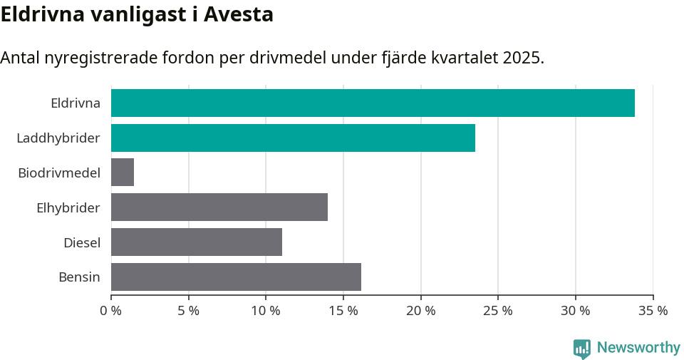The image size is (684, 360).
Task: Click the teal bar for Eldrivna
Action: pyautogui.click(x=373, y=103)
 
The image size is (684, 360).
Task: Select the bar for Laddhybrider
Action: pyautogui.click(x=293, y=138)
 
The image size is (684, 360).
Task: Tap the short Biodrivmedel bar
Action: pyautogui.click(x=123, y=173)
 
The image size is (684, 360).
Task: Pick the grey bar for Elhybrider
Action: pyautogui.click(x=219, y=207)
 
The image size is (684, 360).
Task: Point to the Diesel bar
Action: pyautogui.click(x=197, y=242)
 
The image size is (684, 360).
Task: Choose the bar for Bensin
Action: pyautogui.click(x=236, y=277)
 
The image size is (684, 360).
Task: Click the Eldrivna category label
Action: pyautogui.click(x=76, y=103)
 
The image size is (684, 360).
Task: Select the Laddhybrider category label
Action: pyautogui.click(x=58, y=138)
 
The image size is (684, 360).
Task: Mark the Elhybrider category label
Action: pyautogui.click(x=68, y=207)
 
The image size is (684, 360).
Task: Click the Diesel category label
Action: pyautogui.click(x=82, y=242)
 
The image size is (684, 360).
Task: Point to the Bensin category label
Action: pyautogui.click(x=79, y=277)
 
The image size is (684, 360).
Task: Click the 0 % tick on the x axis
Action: pyautogui.click(x=110, y=311)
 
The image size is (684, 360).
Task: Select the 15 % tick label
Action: pyautogui.click(x=343, y=311)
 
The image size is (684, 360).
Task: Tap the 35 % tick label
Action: pyautogui.click(x=653, y=311)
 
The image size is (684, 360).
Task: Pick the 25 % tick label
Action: pyautogui.click(x=498, y=311)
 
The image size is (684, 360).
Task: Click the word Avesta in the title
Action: pyautogui.click(x=239, y=14)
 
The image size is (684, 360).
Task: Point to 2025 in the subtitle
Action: pyautogui.click(x=522, y=58)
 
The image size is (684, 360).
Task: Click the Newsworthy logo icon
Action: pyautogui.click(x=582, y=349)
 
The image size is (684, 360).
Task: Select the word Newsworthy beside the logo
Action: pyautogui.click(x=638, y=348)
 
